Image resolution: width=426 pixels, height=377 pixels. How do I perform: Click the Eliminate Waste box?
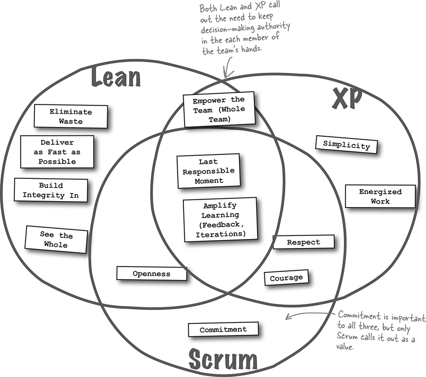(x=71, y=116)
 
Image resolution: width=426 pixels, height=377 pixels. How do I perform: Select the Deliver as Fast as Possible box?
(x=57, y=152)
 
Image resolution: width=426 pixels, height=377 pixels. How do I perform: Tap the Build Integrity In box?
(x=51, y=190)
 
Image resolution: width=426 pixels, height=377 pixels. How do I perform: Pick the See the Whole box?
(x=57, y=240)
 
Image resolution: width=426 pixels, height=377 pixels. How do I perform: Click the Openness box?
(x=151, y=274)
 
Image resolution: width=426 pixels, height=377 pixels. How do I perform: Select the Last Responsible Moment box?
(x=208, y=171)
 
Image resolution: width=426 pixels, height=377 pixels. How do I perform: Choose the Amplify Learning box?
(x=220, y=220)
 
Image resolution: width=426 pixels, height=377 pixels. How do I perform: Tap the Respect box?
(x=303, y=242)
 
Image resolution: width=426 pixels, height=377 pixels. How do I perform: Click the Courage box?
(x=286, y=278)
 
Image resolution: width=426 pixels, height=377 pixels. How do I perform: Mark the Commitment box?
(x=223, y=329)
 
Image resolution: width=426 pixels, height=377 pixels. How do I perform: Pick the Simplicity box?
(x=346, y=145)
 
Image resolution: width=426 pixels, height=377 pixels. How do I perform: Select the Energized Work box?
(x=380, y=196)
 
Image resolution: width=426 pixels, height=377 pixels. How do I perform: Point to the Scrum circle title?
(x=223, y=359)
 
